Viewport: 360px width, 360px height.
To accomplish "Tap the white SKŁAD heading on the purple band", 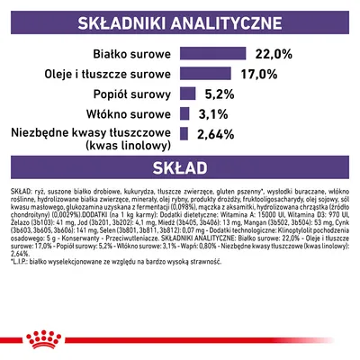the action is pos(180,166).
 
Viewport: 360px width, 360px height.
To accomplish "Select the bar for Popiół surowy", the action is pos(188,94).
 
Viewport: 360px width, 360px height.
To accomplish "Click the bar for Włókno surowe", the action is pos(186,113).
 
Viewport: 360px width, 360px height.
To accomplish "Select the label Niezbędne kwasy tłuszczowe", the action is pos(93,133).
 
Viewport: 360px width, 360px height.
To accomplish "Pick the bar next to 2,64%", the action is pos(184,134).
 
